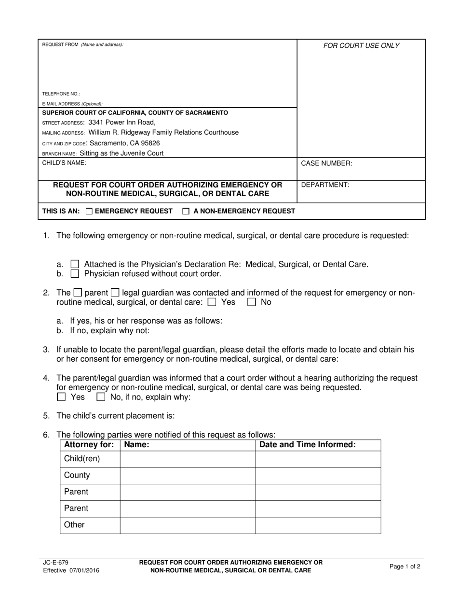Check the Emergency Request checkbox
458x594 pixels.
pyautogui.click(x=89, y=211)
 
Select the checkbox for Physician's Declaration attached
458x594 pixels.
pyautogui.click(x=75, y=264)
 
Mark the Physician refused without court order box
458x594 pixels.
pyautogui.click(x=75, y=274)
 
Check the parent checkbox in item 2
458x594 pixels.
pyautogui.click(x=78, y=293)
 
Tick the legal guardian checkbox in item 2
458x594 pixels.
pyautogui.click(x=115, y=293)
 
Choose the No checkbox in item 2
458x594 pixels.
pyautogui.click(x=251, y=302)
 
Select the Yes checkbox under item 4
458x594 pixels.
pyautogui.click(x=61, y=397)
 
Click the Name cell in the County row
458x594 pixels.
pyautogui.click(x=187, y=475)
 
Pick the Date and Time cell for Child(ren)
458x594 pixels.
pyautogui.click(x=318, y=459)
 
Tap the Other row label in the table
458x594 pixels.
pyautogui.click(x=74, y=525)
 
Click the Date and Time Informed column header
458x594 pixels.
pyautogui.click(x=308, y=445)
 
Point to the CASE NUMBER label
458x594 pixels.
pyautogui.click(x=326, y=164)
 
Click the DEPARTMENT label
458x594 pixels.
pyautogui.click(x=325, y=185)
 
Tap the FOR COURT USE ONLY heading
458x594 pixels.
pyautogui.click(x=361, y=46)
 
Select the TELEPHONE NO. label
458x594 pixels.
pyautogui.click(x=61, y=94)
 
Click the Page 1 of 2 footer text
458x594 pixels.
pyautogui.click(x=404, y=566)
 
